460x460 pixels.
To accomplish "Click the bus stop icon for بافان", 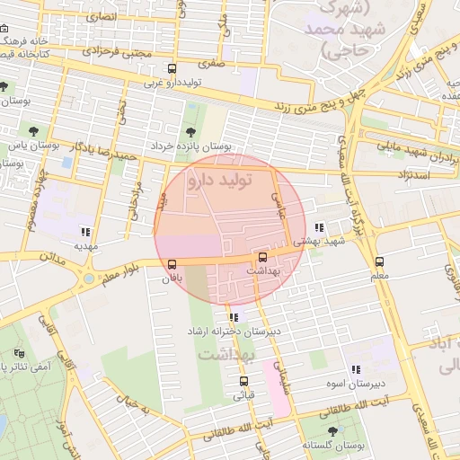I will click(172, 264).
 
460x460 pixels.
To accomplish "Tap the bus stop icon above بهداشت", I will click(262, 256).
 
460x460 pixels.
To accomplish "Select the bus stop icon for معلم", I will click(379, 262).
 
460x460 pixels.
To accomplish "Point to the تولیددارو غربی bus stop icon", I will click(172, 68).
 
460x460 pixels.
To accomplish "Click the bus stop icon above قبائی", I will click(243, 381).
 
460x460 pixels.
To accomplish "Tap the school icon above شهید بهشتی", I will click(321, 228).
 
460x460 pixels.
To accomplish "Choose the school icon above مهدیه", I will click(85, 231).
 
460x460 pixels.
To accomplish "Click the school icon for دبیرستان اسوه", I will click(357, 368).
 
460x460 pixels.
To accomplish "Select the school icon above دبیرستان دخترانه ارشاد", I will click(234, 317).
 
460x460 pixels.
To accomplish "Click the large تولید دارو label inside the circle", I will click(218, 181).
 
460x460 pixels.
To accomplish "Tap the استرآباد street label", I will click(418, 173).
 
